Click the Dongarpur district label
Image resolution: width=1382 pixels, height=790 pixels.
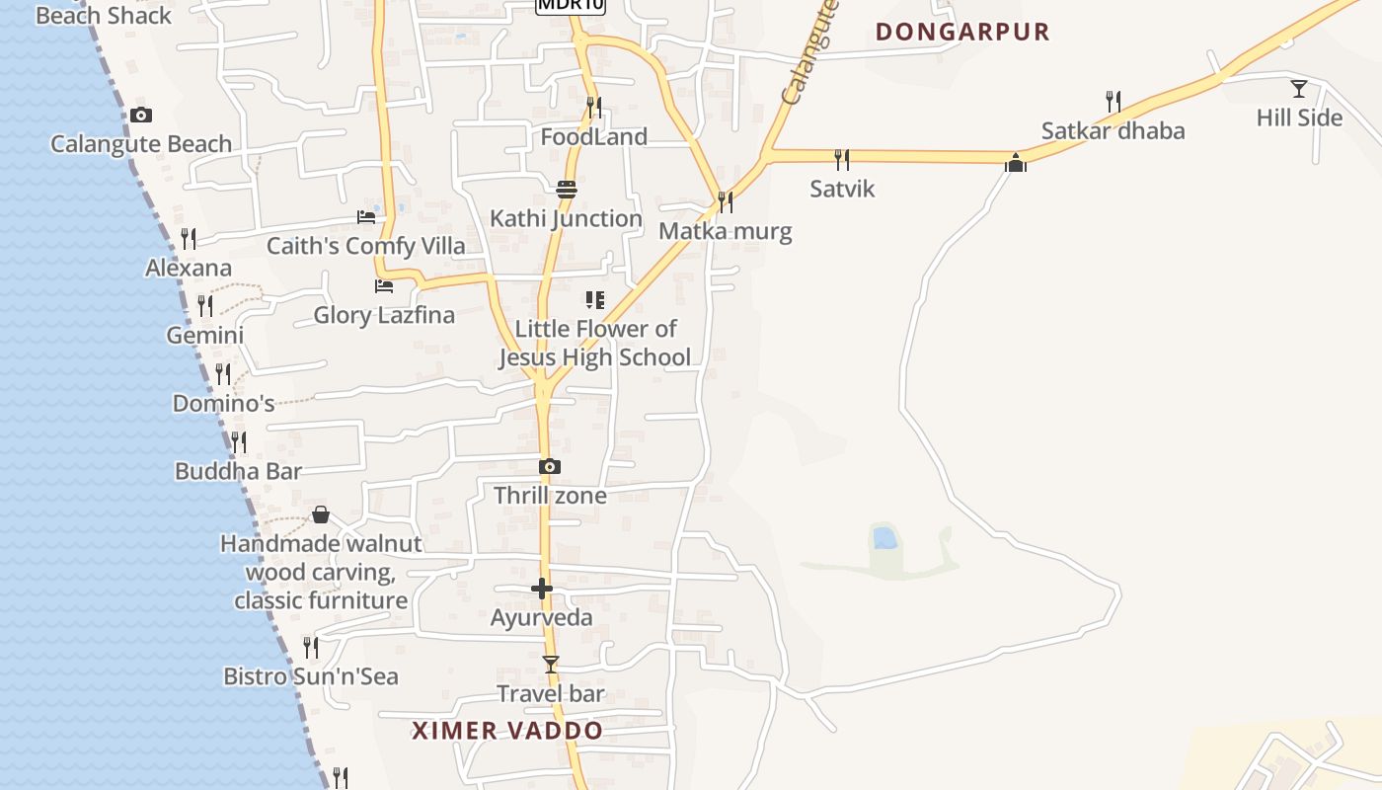[x=962, y=32]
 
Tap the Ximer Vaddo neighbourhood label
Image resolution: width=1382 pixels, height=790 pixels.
[x=507, y=731]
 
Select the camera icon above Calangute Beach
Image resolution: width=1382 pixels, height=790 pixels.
[x=140, y=116]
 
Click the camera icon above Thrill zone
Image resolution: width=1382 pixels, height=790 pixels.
[x=550, y=466]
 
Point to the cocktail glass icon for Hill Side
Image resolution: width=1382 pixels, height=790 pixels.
[x=1299, y=89]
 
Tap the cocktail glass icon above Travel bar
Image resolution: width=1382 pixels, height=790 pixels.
[x=551, y=665]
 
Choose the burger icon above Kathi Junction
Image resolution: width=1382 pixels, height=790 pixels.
[x=567, y=190]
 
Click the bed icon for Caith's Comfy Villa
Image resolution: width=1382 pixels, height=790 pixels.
[x=366, y=216]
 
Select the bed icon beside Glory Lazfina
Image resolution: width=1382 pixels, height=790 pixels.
[x=384, y=286]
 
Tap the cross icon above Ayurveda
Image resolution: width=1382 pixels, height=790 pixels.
[x=542, y=590]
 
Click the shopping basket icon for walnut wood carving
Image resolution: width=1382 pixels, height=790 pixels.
[x=321, y=514]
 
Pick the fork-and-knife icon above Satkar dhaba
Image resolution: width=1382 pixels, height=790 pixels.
[x=1113, y=101]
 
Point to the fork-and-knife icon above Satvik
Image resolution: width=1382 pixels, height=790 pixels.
[x=842, y=159]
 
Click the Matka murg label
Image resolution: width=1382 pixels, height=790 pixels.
[x=726, y=232]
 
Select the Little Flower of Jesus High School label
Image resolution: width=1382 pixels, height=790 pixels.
[x=594, y=343]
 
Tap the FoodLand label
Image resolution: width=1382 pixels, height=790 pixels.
[x=594, y=137]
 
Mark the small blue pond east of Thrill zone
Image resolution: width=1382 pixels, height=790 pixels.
[x=884, y=538]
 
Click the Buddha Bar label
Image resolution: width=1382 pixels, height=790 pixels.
[x=238, y=471]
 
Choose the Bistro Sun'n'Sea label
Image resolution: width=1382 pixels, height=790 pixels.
[x=311, y=676]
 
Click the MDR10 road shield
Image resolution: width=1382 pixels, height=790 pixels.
[x=570, y=5]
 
